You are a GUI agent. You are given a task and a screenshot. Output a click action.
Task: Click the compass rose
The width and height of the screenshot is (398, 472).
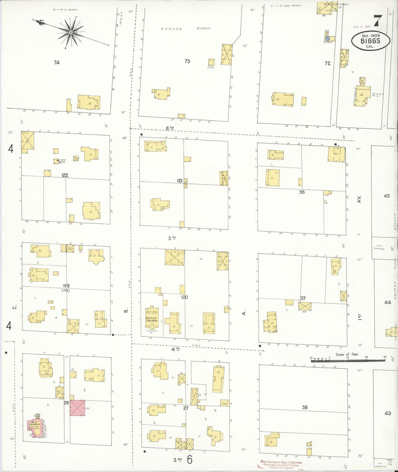[x=71, y=32]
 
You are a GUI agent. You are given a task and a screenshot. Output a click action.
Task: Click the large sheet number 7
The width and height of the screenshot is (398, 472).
[x=378, y=21]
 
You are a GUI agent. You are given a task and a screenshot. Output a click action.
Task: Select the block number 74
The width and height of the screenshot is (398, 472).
[x=56, y=63]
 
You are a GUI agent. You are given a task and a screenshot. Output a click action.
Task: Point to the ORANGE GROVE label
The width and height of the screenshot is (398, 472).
[x=186, y=29]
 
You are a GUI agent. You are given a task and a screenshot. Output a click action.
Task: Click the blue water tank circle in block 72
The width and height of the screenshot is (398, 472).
[x=327, y=39]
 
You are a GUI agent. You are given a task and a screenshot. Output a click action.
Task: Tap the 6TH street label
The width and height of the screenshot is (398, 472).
[x=170, y=128]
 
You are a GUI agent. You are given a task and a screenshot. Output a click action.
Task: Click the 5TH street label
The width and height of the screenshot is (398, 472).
[x=172, y=238]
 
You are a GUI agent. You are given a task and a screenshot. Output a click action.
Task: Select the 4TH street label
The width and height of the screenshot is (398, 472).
[x=175, y=349]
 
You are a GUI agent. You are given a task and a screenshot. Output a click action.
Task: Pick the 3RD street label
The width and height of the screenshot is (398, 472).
[x=178, y=459]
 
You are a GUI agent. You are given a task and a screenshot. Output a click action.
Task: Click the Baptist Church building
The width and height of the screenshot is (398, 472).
[x=151, y=319]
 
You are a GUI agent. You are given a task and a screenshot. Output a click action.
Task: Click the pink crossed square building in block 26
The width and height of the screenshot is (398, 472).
[x=77, y=408]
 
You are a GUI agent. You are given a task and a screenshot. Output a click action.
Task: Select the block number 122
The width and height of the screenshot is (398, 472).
[x=65, y=175]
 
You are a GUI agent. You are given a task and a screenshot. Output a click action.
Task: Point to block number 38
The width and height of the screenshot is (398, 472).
[x=305, y=407]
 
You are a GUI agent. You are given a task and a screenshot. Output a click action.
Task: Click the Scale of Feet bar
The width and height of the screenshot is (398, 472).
[x=348, y=359]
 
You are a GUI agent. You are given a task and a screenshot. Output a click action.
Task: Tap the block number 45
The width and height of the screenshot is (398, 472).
[x=387, y=196]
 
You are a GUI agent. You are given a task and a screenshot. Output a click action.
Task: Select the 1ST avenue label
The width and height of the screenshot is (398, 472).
[x=359, y=317]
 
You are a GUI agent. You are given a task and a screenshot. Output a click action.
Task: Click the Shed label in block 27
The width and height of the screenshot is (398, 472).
[x=225, y=403]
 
